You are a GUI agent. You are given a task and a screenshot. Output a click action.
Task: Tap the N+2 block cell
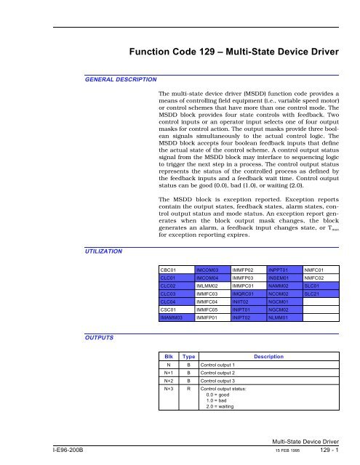click(x=168, y=390)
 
